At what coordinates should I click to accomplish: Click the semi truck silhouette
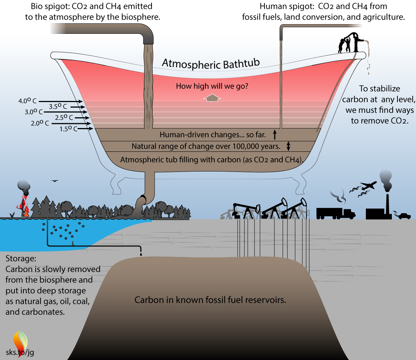pyautogui.click(x=335, y=213)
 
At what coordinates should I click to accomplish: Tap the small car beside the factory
pyautogui.click(x=404, y=216)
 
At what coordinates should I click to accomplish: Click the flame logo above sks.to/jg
pyautogui.click(x=20, y=338)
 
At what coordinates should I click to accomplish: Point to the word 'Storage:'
pyautogui.click(x=21, y=258)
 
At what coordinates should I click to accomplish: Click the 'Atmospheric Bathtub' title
pyautogui.click(x=213, y=64)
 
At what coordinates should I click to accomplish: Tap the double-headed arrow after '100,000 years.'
pyautogui.click(x=288, y=146)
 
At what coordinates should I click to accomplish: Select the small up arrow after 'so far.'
pyautogui.click(x=275, y=134)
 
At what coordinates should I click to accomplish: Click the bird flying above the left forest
pyautogui.click(x=55, y=181)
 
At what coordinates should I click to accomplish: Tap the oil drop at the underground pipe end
pyautogui.click(x=141, y=255)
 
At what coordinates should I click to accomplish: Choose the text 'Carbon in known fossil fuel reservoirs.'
pyautogui.click(x=210, y=300)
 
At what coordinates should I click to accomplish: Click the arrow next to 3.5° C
pyautogui.click(x=78, y=107)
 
